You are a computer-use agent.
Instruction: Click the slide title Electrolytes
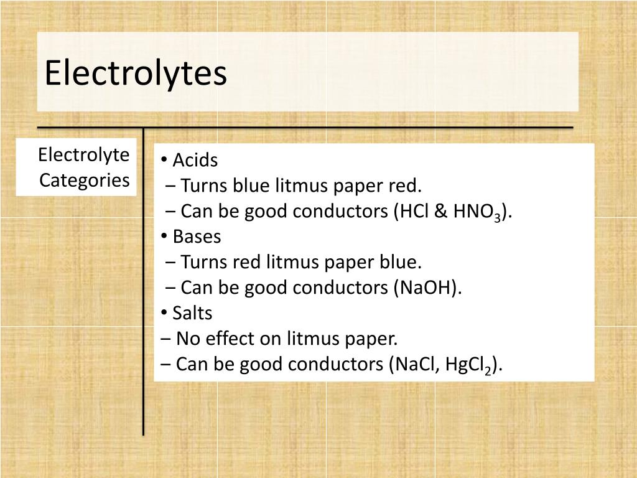135,73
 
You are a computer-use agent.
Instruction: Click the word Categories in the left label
85,180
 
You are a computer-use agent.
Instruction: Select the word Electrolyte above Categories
84,154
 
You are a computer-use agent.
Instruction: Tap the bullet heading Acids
195,161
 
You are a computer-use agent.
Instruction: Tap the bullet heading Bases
197,237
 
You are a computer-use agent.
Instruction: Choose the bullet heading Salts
192,313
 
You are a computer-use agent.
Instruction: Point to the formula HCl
413,212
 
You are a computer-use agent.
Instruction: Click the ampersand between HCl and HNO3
441,212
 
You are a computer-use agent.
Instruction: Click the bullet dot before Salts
163,313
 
